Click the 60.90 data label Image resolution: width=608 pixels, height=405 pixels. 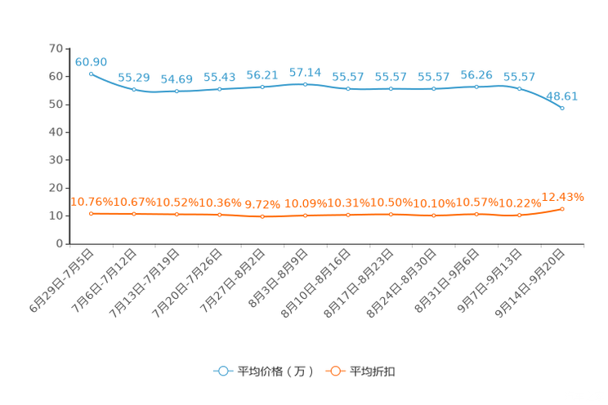(91, 62)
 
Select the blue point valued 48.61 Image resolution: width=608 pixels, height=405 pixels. (562, 108)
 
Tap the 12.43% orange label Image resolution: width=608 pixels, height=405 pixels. (562, 198)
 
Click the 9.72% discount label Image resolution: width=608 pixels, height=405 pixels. (262, 204)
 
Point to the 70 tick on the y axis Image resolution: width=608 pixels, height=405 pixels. (56, 48)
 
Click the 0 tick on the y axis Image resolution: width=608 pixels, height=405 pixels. (60, 243)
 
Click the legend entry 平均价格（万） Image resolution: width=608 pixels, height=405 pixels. (264, 372)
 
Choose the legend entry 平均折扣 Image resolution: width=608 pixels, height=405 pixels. (360, 372)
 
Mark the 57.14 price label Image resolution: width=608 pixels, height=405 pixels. (305, 73)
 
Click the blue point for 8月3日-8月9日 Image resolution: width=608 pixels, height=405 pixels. (305, 84)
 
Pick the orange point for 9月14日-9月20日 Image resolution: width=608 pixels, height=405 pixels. (562, 209)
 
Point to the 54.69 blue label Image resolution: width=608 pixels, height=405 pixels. (177, 79)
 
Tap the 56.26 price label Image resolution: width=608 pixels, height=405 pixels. (476, 75)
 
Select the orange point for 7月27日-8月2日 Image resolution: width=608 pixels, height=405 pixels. (262, 216)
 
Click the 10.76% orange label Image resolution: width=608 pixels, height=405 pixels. (92, 202)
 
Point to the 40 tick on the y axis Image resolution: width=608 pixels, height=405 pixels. (56, 132)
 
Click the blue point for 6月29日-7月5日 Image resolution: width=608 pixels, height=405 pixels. (92, 74)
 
